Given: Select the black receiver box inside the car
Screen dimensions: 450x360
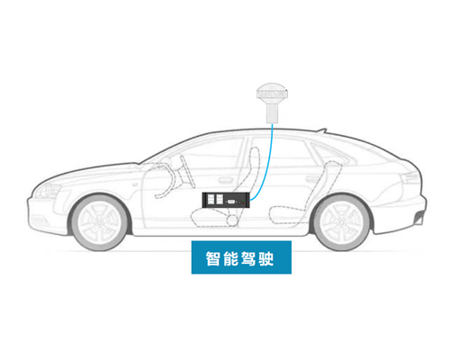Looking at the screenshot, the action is coord(226,200).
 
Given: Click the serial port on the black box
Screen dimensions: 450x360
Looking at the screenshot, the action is coord(231,202).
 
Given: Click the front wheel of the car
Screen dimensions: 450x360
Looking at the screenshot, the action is coord(100,222).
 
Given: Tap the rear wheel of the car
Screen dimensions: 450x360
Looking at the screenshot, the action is coord(342,222).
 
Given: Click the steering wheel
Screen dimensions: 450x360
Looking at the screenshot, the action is coord(187,172).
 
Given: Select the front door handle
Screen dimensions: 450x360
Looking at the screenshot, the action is coord(225,180).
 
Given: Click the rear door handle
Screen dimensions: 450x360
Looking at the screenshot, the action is coord(312,179).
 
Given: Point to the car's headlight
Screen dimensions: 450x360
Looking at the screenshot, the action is coord(48,192).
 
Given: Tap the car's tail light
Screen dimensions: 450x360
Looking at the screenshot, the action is coord(409,177).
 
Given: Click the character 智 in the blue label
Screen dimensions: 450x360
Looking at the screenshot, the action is coord(213,258).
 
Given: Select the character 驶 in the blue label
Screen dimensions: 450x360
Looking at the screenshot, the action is coord(266,258).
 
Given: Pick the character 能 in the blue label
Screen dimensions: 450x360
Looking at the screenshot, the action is coord(231,258).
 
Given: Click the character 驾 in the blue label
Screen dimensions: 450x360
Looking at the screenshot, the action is coord(248,258).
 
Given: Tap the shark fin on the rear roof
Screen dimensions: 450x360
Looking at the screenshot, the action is coord(320,130).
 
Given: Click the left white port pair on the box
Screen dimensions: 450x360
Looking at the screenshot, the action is coord(210,200).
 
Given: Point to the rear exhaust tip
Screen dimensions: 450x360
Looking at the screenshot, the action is coord(418,220).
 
